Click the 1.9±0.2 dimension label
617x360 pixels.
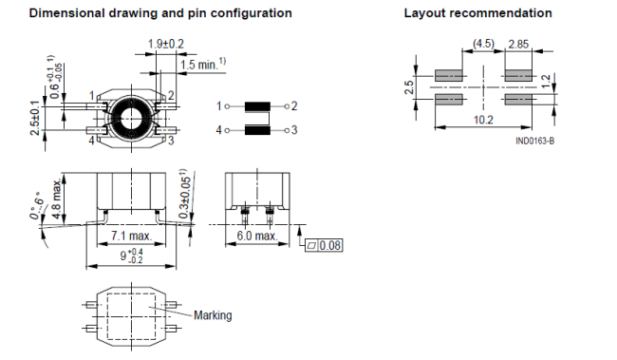pos(166,44)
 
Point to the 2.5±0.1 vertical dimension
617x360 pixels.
pos(35,118)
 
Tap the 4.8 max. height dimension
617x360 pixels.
pos(57,199)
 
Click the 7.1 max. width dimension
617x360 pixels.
pos(131,236)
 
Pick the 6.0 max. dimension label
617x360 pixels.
pos(257,236)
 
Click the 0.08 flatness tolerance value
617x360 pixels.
pos(329,245)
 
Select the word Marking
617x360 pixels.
pos(213,315)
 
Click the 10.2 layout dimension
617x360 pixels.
pos(483,120)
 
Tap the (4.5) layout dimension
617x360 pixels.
pos(483,43)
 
